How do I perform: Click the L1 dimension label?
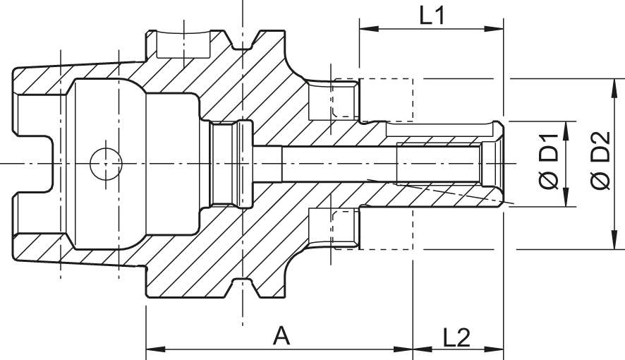pyautogui.click(x=431, y=16)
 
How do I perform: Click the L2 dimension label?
pyautogui.click(x=457, y=337)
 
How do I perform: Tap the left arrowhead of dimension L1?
pyautogui.click(x=365, y=30)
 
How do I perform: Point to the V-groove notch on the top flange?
pyautogui.click(x=244, y=43)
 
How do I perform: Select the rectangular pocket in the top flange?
pyautogui.click(x=184, y=44)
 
